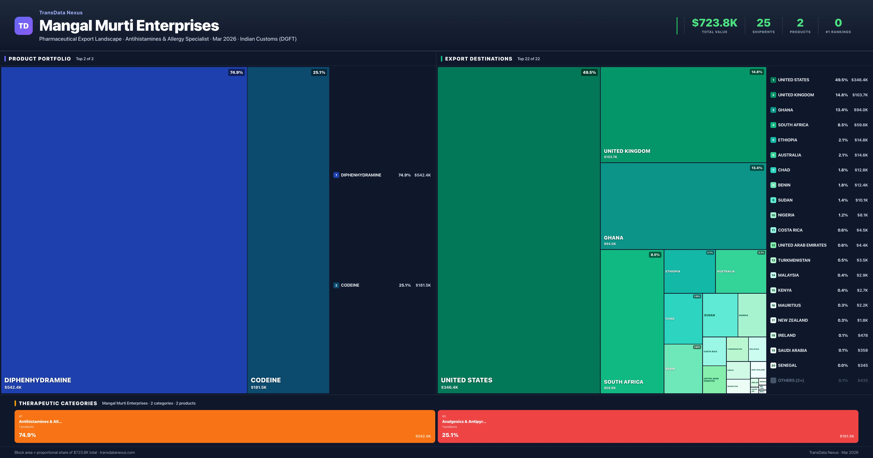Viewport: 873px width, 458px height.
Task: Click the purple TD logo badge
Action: (23, 26)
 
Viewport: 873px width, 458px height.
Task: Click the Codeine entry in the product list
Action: (350, 285)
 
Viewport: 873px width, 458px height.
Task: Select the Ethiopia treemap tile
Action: (689, 271)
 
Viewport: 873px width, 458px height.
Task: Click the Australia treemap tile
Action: (740, 271)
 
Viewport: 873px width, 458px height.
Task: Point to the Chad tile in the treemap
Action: (683, 318)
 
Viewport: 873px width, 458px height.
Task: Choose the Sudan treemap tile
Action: (720, 315)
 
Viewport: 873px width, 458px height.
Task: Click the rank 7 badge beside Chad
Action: (773, 170)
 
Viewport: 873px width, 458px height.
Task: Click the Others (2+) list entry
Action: (791, 380)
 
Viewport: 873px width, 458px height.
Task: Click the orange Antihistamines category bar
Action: (224, 426)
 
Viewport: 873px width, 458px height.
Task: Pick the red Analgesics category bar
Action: (648, 426)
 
